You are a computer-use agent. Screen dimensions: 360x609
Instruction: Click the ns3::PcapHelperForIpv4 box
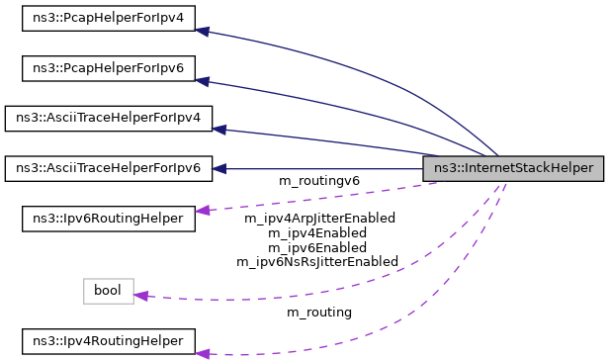[x=108, y=19]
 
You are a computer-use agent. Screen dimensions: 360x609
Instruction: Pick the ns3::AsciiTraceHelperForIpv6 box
[x=108, y=168]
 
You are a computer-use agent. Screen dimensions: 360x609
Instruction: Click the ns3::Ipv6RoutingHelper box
[x=108, y=218]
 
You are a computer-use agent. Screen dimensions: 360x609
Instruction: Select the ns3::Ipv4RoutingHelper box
[x=108, y=341]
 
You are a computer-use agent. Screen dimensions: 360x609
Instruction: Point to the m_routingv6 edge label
[x=319, y=181]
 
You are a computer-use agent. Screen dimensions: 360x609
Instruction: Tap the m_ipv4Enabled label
[x=319, y=232]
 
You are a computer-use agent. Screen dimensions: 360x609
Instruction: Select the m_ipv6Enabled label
[x=319, y=247]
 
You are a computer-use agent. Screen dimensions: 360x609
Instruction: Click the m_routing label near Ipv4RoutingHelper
[x=319, y=313]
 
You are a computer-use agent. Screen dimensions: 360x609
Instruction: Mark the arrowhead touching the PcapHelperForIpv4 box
[x=202, y=32]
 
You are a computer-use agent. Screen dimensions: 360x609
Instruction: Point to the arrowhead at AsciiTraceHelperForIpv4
[x=219, y=129]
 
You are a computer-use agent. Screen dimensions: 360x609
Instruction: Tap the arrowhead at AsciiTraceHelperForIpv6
[x=219, y=168]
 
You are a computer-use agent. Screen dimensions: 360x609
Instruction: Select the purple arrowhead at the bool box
[x=140, y=296]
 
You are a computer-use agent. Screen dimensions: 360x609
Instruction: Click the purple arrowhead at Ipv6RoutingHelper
[x=202, y=210]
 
